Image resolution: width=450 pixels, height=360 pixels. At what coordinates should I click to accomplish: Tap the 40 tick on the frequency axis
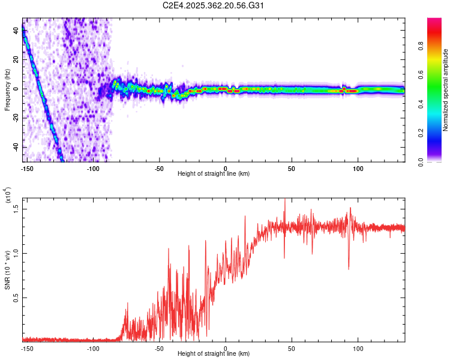(16, 31)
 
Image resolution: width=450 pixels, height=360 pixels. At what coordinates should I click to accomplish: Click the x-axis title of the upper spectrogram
(214, 173)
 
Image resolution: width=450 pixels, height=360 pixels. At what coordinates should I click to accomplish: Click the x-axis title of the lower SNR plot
(214, 353)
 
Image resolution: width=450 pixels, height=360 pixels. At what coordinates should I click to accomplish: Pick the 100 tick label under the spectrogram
(358, 167)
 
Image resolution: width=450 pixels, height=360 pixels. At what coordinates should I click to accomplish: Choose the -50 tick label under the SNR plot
(159, 347)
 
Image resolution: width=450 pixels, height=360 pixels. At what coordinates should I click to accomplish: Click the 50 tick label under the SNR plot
(292, 347)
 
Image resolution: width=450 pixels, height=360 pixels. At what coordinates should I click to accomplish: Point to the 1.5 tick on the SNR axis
(16, 208)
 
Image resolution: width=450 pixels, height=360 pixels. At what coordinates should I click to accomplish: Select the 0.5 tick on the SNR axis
(16, 298)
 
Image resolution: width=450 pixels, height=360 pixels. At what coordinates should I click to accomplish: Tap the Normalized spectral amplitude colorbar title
(445, 90)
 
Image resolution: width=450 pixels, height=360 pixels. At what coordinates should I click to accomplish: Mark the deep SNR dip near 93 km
(349, 268)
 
